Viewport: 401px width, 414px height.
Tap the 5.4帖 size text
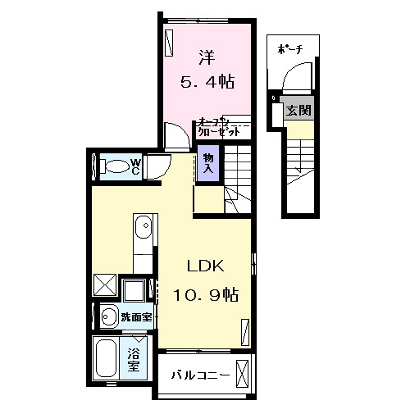[208, 82]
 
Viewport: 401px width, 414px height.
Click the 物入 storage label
[208, 162]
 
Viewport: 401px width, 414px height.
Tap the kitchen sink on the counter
[144, 225]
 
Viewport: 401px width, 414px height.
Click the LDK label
[205, 266]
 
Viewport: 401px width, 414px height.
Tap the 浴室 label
[134, 360]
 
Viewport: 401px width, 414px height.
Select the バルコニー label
[194, 375]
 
